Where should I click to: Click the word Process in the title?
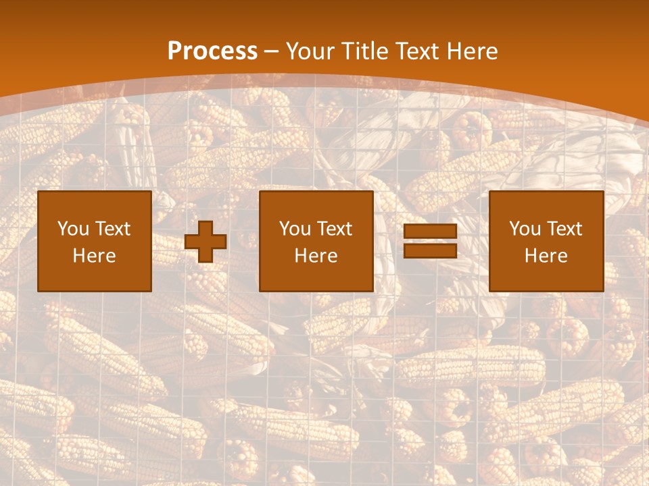click(212, 51)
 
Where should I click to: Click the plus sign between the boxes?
click(206, 242)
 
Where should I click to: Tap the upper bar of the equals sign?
click(430, 232)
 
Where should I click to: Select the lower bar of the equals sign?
click(430, 251)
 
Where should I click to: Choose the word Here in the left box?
click(94, 256)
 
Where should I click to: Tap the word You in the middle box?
click(295, 229)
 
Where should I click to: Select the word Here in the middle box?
click(316, 256)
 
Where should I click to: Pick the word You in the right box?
click(525, 229)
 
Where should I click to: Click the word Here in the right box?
click(546, 256)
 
